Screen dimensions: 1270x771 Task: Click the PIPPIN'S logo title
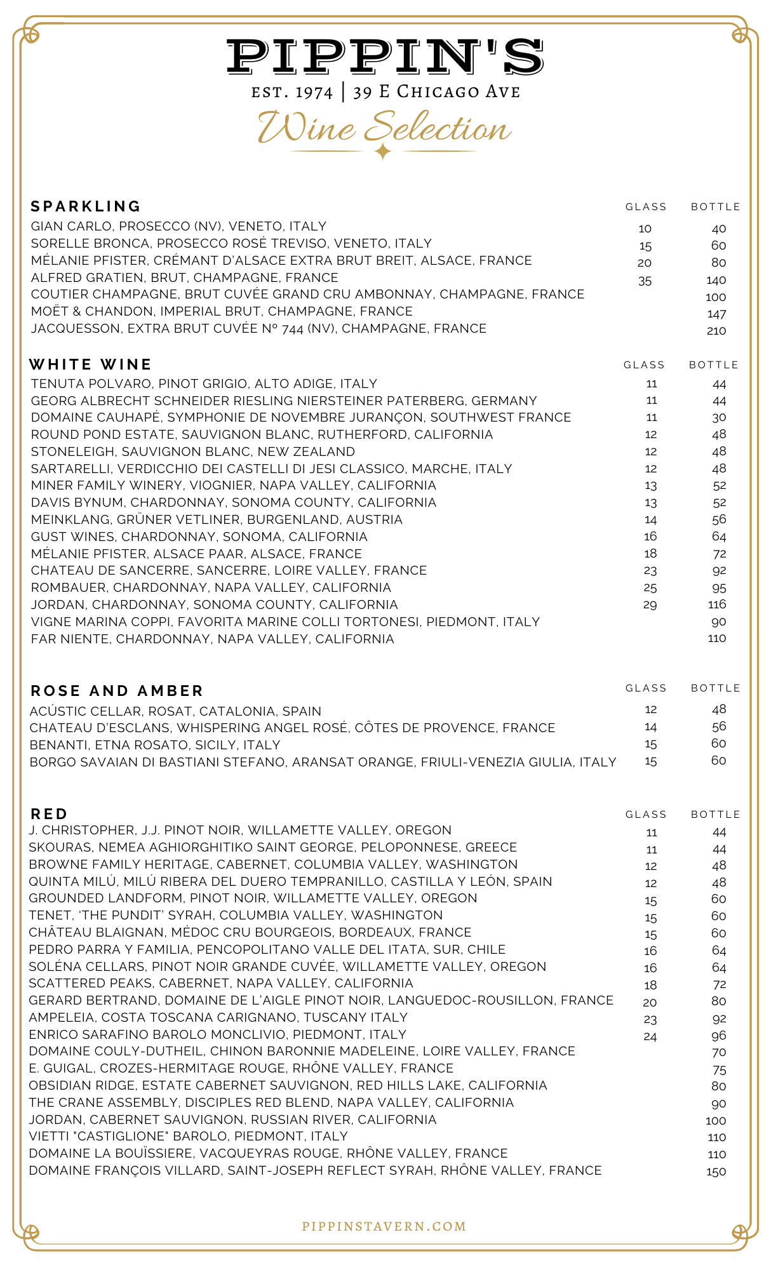(x=385, y=56)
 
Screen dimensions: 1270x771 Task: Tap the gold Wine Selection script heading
(x=384, y=128)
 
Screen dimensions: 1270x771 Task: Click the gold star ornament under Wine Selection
(x=383, y=152)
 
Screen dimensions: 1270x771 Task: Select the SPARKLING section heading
(x=86, y=206)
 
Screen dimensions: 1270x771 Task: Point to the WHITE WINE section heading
(x=90, y=364)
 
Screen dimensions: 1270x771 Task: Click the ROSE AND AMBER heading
(x=117, y=691)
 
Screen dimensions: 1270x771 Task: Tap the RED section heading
(x=49, y=814)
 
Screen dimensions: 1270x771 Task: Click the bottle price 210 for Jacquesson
(x=716, y=331)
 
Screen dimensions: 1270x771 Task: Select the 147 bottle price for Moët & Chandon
(x=716, y=314)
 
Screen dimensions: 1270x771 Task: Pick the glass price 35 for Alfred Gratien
(x=645, y=281)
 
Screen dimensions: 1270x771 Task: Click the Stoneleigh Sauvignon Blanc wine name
(x=193, y=451)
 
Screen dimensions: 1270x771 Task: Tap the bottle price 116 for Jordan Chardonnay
(x=717, y=605)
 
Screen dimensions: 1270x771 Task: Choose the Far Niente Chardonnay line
(x=212, y=639)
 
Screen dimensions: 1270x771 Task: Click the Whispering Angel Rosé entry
(x=292, y=728)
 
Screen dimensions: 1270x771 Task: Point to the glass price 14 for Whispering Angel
(x=650, y=727)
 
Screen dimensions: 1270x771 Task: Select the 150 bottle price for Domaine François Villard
(x=716, y=1172)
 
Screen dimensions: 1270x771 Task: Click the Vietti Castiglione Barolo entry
(x=189, y=1136)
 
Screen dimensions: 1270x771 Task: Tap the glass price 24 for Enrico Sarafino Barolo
(x=650, y=1036)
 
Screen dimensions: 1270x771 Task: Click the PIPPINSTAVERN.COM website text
(x=384, y=1226)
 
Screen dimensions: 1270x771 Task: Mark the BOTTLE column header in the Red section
(x=716, y=815)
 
